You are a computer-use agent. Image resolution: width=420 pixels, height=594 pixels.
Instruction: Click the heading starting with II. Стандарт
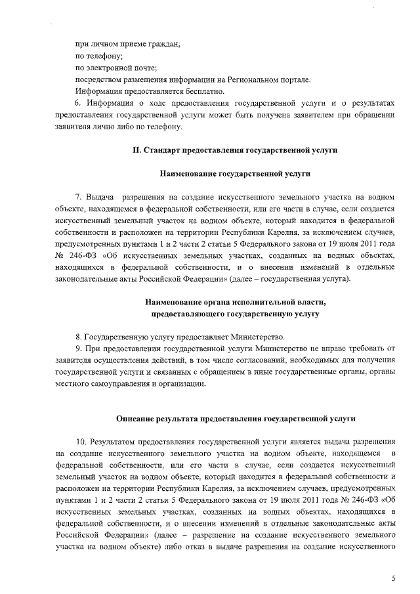coord(234,150)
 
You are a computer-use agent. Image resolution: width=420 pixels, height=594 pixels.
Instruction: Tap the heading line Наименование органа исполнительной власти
coord(234,302)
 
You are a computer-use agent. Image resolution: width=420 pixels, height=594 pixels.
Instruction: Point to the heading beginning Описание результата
coord(234,417)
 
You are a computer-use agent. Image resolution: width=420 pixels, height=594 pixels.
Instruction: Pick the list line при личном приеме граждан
coord(128,44)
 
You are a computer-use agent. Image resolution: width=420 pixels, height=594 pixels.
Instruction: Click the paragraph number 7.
coord(78,196)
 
